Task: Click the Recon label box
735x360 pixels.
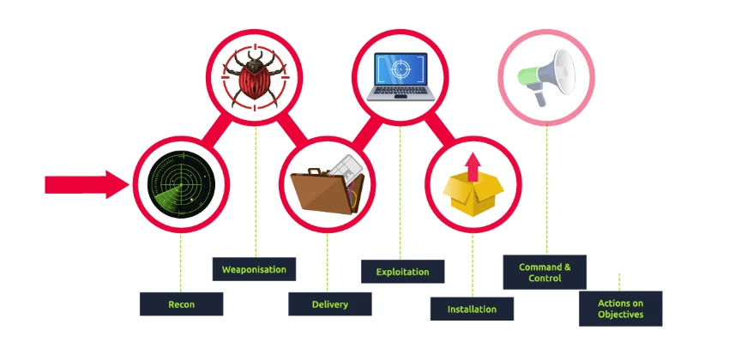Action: (182, 304)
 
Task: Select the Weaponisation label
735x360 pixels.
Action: (254, 269)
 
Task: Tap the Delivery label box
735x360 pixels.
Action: (330, 304)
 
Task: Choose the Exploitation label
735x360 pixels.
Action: (402, 272)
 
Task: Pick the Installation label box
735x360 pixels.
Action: (472, 309)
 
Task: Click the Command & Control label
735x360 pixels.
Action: (545, 273)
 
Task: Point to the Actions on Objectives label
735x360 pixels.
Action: (621, 309)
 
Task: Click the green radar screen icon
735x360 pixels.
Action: (182, 184)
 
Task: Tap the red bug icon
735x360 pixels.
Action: (255, 78)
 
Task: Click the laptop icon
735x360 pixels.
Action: (401, 76)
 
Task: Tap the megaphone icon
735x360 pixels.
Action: (546, 77)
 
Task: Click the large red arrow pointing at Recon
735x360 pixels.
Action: (87, 184)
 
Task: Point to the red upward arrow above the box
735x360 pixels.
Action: (473, 167)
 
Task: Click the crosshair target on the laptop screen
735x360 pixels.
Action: (401, 70)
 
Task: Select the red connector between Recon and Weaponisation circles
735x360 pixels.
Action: (217, 130)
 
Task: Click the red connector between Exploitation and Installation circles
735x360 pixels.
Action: (440, 128)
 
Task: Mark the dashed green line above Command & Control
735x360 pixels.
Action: (546, 189)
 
